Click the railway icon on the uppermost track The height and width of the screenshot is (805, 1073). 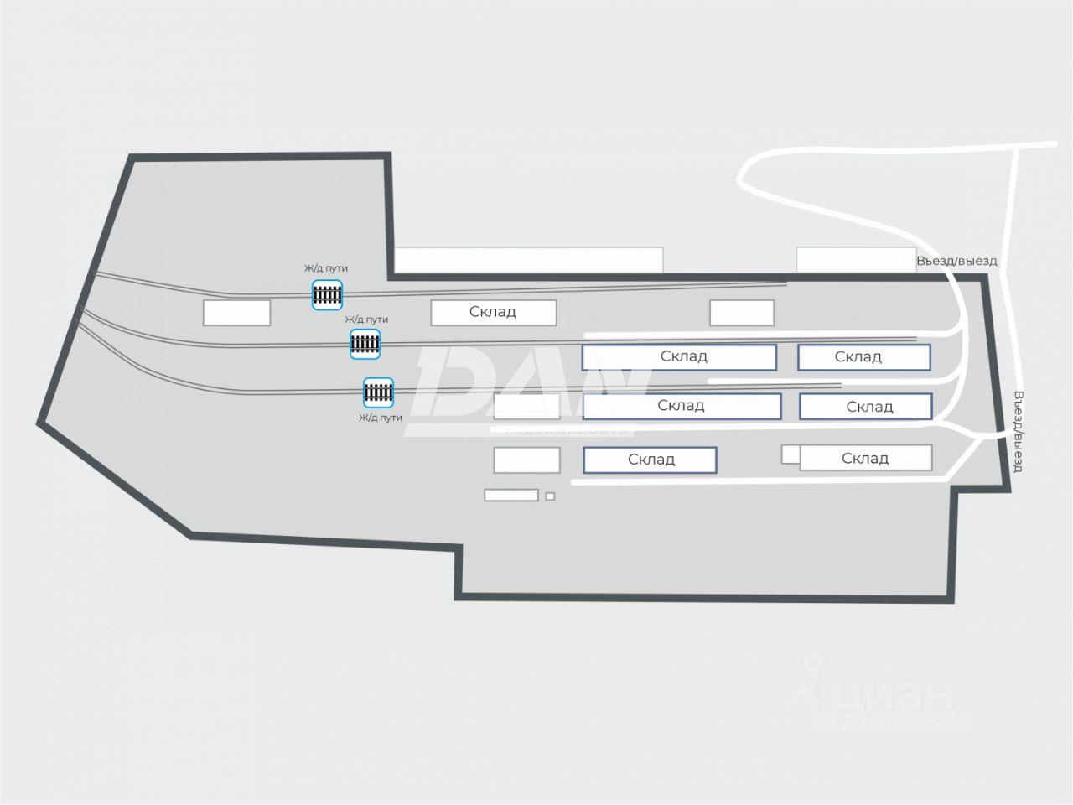coord(327,294)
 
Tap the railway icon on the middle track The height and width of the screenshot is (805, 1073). coord(365,343)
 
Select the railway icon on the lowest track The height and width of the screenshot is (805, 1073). coord(378,392)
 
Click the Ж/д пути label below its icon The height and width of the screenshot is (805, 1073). coord(381,418)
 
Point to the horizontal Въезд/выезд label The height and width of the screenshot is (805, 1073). coord(956,261)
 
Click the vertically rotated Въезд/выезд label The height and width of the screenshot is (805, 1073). coord(1019,431)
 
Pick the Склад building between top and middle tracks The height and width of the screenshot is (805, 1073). coord(494,312)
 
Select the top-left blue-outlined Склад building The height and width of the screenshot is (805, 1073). coord(679,356)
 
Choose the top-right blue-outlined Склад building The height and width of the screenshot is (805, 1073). coord(863,357)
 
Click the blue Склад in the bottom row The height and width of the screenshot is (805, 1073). coord(650,460)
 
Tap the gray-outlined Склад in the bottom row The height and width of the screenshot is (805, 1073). coord(866,458)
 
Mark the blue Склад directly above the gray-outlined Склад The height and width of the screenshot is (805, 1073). coord(866,407)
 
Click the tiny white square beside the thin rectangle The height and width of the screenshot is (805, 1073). coord(550,496)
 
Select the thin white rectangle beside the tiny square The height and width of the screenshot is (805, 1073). coord(511,496)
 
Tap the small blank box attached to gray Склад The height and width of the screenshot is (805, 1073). coord(790,454)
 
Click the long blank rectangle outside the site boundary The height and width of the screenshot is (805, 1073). coord(528,259)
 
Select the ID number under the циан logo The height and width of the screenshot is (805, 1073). coord(889,721)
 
